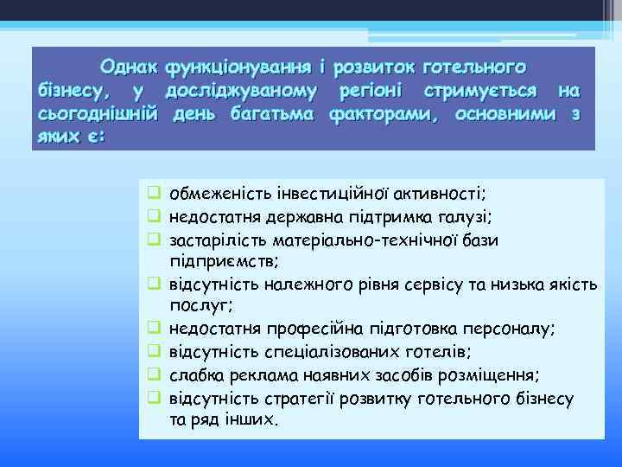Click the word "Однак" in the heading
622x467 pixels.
click(x=129, y=67)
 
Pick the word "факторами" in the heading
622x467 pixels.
click(x=382, y=114)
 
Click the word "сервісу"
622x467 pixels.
click(x=416, y=283)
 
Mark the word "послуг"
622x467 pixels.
click(x=195, y=304)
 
